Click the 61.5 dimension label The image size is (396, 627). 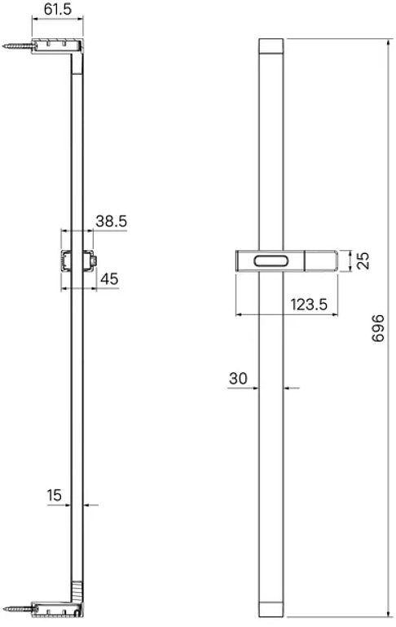pyautogui.click(x=58, y=9)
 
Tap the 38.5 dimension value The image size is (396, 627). pyautogui.click(x=111, y=221)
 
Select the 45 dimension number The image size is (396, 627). pyautogui.click(x=109, y=278)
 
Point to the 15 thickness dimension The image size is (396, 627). pyautogui.click(x=55, y=495)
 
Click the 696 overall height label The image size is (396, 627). pyautogui.click(x=377, y=328)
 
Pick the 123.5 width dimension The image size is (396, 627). pyautogui.click(x=309, y=305)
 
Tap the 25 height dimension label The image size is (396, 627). pyautogui.click(x=363, y=261)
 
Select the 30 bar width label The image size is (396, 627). pyautogui.click(x=238, y=378)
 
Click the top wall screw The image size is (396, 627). pyautogui.click(x=18, y=46)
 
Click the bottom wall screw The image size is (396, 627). pyautogui.click(x=18, y=610)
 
